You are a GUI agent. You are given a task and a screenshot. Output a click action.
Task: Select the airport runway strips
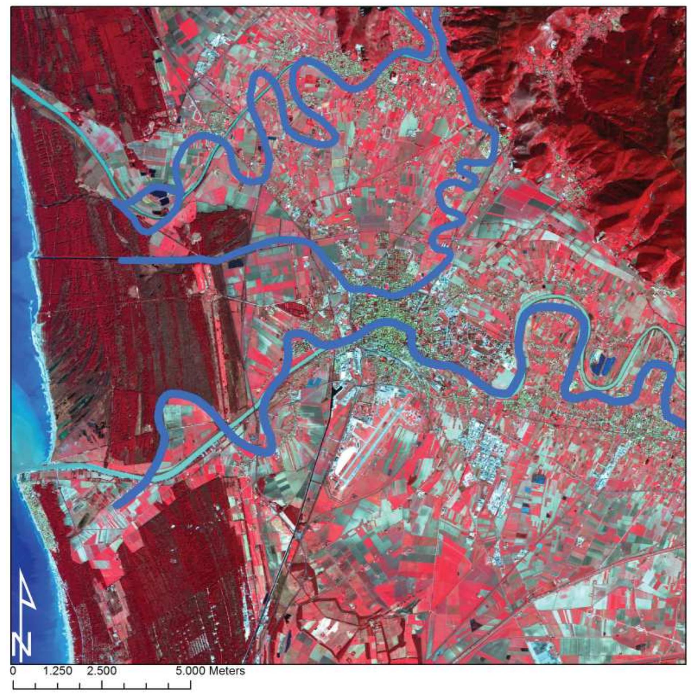coord(368,448)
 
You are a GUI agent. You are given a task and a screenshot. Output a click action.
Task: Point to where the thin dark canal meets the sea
coord(33,257)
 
